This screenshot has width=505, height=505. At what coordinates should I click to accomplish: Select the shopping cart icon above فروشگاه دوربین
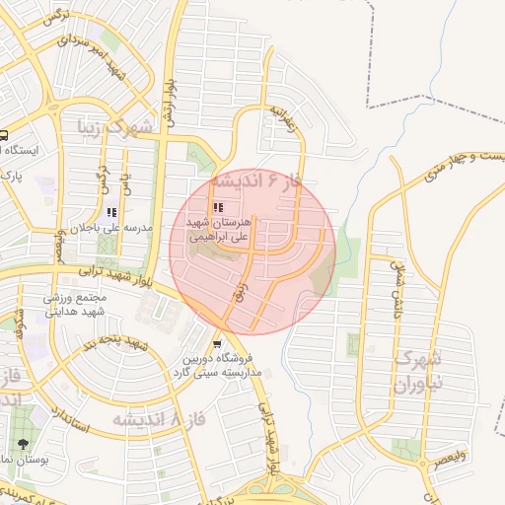click(217, 344)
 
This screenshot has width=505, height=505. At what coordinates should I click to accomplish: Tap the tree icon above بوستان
click(23, 445)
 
